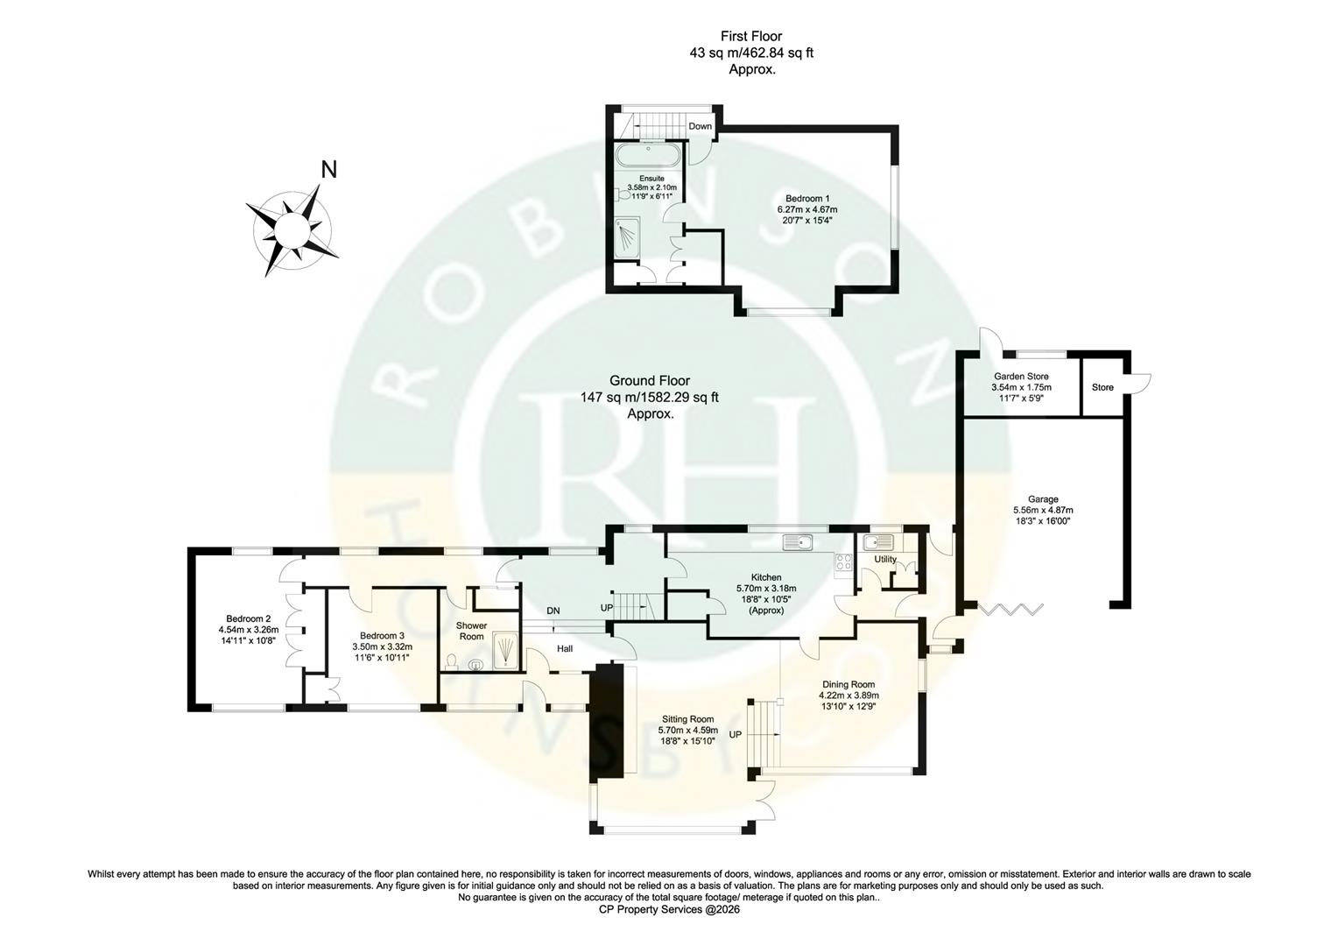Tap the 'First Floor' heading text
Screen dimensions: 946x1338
point(750,36)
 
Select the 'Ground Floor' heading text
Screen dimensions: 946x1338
point(649,381)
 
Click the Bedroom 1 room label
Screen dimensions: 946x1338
point(806,199)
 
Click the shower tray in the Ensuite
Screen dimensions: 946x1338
point(629,239)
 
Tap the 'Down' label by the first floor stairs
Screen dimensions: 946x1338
point(700,126)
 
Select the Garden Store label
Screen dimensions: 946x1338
point(1020,377)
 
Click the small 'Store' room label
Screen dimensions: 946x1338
point(1102,387)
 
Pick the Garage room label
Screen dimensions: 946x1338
point(1042,499)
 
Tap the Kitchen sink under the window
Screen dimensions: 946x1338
point(799,542)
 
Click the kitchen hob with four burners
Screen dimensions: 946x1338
point(844,563)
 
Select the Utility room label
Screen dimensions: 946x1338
point(884,560)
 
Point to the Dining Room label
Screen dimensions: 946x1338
point(848,685)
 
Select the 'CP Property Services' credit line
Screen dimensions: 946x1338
point(669,909)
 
